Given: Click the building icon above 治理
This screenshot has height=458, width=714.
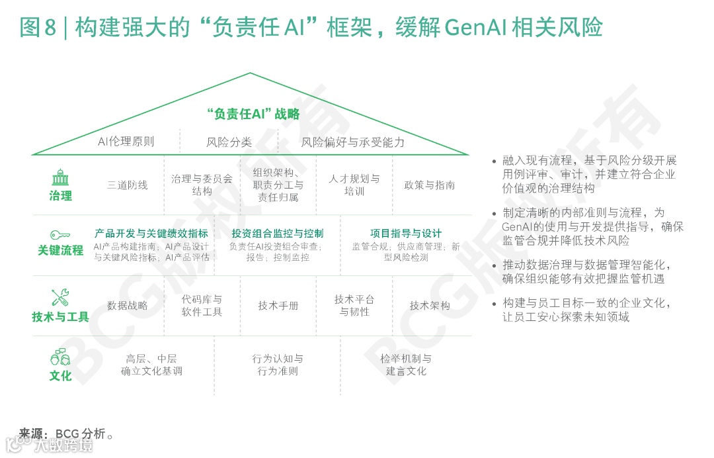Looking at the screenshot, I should tap(60, 179).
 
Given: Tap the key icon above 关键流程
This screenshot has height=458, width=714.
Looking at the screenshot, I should tap(60, 234).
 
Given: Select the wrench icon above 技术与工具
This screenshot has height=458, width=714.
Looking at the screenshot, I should tap(60, 298).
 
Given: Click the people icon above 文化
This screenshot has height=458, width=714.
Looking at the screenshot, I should tap(60, 357).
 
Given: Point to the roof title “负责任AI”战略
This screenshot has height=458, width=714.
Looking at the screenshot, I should tap(253, 114).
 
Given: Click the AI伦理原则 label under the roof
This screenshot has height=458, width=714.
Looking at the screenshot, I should tap(126, 141).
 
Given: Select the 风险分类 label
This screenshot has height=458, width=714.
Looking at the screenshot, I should tap(229, 142).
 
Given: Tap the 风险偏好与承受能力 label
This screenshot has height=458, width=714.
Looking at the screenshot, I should tap(353, 142).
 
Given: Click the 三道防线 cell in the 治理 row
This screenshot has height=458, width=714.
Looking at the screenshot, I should tap(128, 185).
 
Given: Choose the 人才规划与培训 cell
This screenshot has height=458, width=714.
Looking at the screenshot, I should tap(354, 185).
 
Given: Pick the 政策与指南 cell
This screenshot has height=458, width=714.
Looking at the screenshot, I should tap(430, 185).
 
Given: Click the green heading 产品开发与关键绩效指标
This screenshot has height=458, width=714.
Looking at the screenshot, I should tap(151, 234).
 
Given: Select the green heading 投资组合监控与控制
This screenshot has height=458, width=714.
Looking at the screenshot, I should tap(278, 234).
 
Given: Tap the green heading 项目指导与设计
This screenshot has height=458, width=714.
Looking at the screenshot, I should tap(406, 234).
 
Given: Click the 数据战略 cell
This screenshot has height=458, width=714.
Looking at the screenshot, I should tap(128, 305).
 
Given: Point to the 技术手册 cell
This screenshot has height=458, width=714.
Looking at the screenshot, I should tap(278, 305).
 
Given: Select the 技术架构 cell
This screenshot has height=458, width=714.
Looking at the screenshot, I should tap(430, 305).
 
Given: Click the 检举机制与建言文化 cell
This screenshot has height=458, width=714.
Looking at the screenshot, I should tap(406, 365).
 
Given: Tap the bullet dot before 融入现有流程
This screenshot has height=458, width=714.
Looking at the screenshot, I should tap(494, 161).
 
